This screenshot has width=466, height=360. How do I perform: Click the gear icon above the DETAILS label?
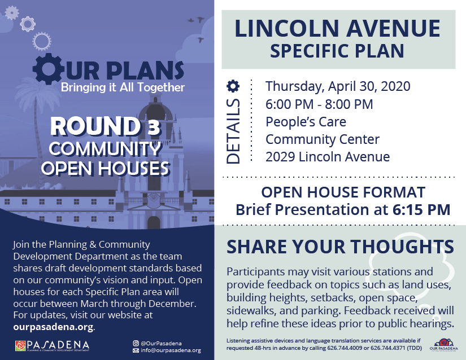tap(233, 86)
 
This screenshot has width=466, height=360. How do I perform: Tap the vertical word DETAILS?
tap(233, 131)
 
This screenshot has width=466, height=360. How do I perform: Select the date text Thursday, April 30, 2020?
tap(338, 86)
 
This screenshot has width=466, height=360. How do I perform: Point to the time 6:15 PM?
tap(421, 209)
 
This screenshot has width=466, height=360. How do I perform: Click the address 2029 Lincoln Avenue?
tap(328, 157)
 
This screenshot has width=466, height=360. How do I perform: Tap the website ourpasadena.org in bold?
tap(53, 327)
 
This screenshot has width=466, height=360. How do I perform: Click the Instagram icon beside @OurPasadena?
tap(136, 344)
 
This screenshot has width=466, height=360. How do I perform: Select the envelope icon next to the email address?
tap(136, 350)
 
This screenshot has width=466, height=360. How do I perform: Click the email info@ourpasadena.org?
tap(171, 350)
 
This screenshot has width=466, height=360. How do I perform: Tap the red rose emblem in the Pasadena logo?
tap(20, 346)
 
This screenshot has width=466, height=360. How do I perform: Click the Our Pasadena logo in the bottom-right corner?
tap(444, 345)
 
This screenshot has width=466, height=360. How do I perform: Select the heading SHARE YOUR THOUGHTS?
tap(340, 247)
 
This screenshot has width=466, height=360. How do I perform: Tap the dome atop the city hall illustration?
tap(156, 110)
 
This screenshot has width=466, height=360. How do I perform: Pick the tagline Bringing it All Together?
tap(123, 87)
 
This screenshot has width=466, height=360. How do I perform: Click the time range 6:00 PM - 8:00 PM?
tap(319, 104)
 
